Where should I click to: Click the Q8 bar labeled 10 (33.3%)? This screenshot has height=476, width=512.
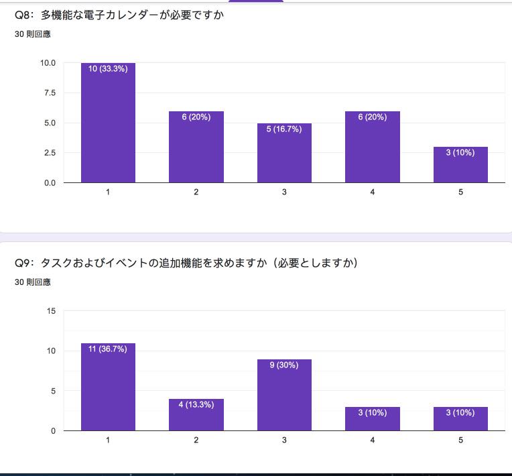point(108,123)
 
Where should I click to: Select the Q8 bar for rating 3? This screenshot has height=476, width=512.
point(284,153)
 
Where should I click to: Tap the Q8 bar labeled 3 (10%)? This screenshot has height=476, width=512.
point(460,165)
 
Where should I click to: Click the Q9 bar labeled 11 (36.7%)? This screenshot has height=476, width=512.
point(108,387)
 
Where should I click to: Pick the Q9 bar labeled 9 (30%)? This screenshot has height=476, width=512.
point(284,395)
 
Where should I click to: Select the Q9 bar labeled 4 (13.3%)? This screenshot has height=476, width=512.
point(196,415)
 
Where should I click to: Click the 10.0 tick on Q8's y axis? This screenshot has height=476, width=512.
point(48,63)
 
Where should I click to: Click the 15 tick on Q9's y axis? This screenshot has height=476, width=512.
point(51,311)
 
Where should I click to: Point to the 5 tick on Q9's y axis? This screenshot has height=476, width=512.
point(53,391)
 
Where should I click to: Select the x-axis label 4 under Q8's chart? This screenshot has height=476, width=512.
point(373,192)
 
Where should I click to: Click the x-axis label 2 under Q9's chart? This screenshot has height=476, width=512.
point(196,440)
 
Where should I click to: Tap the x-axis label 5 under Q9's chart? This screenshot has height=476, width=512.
point(460,440)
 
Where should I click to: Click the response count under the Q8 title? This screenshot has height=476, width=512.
point(33,34)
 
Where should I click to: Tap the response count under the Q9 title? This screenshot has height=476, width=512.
point(33,282)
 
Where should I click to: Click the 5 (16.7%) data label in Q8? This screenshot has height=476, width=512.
point(284,129)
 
